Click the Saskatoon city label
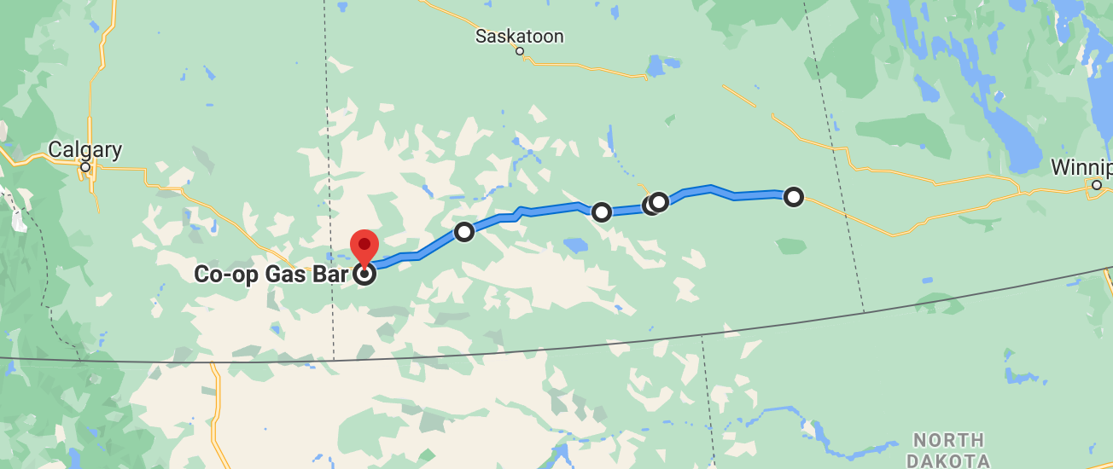click(x=520, y=36)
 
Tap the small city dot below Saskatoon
click(x=520, y=51)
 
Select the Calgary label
click(x=84, y=150)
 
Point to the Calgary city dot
click(x=85, y=167)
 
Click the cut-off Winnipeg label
click(x=1081, y=166)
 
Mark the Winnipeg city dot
click(x=1097, y=184)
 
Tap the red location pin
click(x=365, y=245)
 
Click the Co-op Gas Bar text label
click(x=271, y=275)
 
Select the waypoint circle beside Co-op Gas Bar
click(x=365, y=274)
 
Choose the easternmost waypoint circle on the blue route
click(x=794, y=197)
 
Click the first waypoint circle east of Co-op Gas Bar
click(x=463, y=231)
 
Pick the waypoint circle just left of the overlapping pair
click(x=602, y=211)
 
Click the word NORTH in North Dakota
click(x=947, y=441)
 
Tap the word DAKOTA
click(x=947, y=460)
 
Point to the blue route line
click(x=555, y=207)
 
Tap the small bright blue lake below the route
click(x=574, y=246)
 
